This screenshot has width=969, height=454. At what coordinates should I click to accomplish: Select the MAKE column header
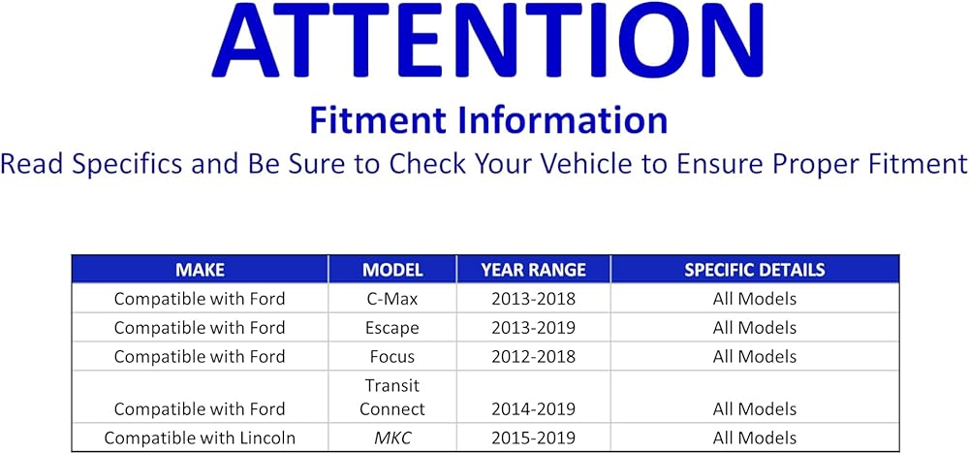(200, 270)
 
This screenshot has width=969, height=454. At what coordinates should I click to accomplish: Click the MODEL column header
(392, 270)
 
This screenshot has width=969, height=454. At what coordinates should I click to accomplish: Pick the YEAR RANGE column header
(533, 270)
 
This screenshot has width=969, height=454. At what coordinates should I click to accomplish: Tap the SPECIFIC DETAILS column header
(755, 270)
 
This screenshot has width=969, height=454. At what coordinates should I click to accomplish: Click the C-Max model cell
(391, 299)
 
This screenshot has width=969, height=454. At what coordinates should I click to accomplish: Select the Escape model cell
(391, 328)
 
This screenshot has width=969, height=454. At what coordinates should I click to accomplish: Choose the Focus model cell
(391, 357)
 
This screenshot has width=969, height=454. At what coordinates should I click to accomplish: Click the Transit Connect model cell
(392, 397)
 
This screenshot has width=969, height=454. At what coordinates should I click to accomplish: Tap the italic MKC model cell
(392, 438)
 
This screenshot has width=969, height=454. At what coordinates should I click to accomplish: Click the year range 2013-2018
(533, 299)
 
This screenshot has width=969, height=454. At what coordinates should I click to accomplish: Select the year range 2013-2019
(533, 328)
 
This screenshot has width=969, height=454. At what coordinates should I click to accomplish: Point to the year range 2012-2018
(533, 357)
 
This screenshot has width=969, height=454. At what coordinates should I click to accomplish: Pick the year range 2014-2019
(533, 408)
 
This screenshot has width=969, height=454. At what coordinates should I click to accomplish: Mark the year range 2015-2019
(533, 438)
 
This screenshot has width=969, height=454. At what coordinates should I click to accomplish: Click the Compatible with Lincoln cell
(200, 438)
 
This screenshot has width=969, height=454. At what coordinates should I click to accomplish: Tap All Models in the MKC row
(755, 438)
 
